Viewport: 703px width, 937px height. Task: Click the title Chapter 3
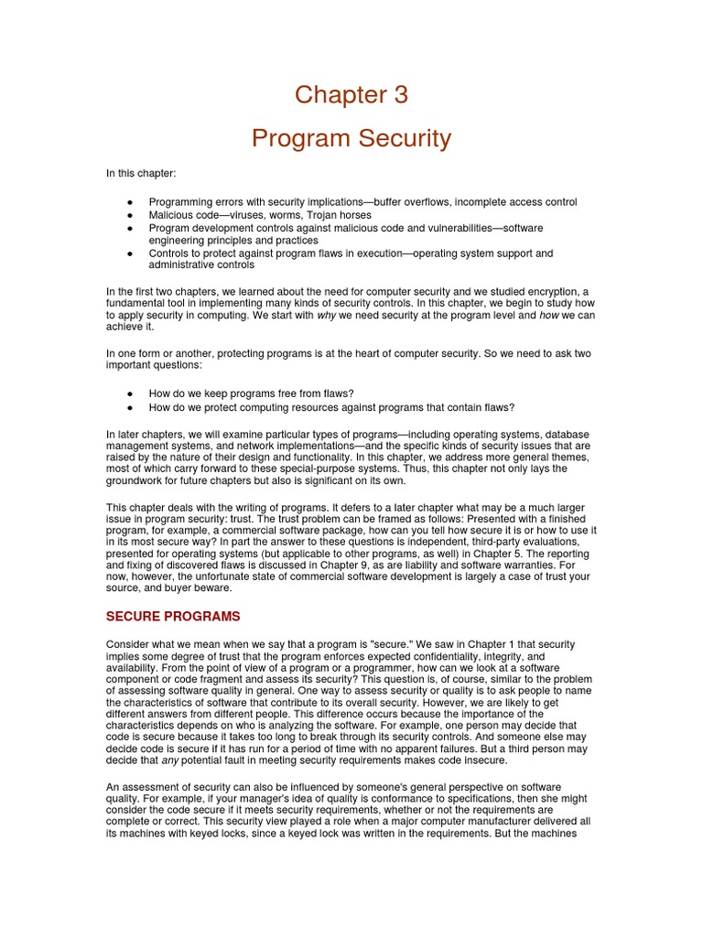point(351,95)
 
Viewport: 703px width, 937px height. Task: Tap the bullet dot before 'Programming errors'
point(131,202)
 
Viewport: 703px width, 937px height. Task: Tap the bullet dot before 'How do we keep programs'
point(131,394)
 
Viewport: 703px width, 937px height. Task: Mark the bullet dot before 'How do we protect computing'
point(131,408)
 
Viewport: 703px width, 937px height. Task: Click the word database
point(567,434)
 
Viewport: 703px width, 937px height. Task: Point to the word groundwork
point(136,481)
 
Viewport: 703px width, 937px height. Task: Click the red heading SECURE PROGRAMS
point(173,616)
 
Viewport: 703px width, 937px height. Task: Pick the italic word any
point(169,760)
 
